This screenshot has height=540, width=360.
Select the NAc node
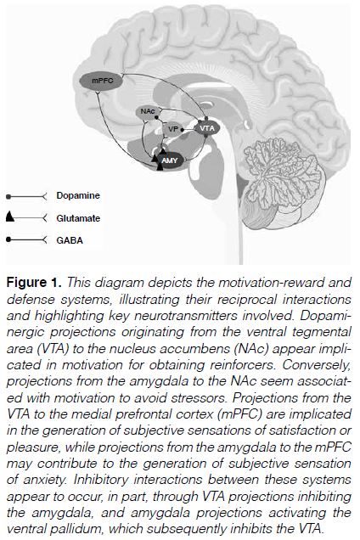[148, 111]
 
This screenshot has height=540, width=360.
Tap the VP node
[172, 129]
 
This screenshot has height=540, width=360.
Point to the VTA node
[206, 128]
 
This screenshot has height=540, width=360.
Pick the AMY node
[170, 160]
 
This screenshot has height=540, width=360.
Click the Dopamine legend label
[78, 195]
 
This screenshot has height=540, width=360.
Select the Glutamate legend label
[78, 218]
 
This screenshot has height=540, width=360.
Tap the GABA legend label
[70, 240]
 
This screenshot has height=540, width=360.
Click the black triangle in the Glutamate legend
[9, 217]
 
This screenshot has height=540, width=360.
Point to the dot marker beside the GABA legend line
[8, 239]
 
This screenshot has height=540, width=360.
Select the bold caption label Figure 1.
[34, 283]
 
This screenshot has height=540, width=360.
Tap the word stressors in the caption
[199, 397]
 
